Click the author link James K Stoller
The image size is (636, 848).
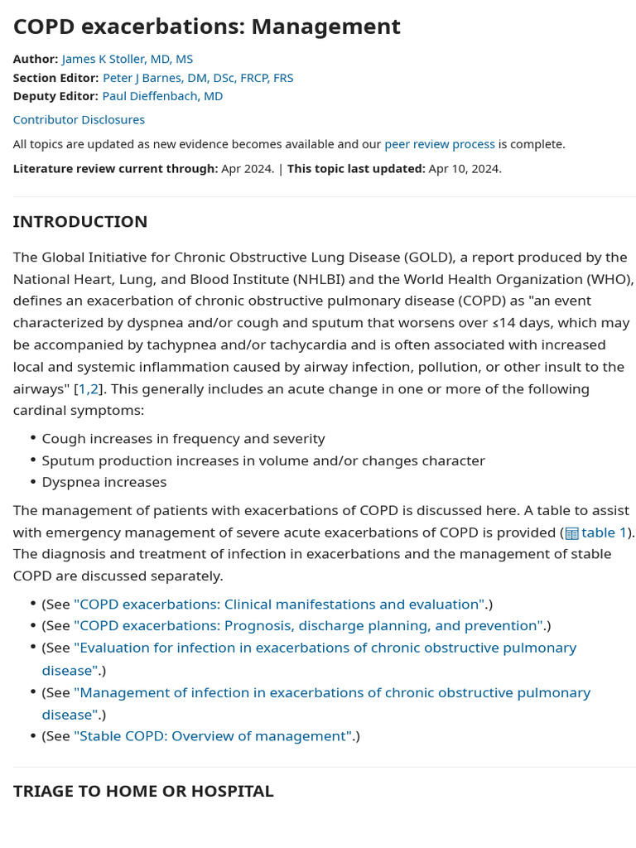127,59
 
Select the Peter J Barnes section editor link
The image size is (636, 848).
197,78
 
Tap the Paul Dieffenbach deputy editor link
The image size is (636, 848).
162,96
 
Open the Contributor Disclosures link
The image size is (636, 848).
79,120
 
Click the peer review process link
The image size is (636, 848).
439,144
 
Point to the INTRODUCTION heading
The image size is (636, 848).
80,221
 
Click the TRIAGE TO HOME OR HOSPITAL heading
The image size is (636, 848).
143,791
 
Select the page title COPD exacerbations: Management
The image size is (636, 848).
206,26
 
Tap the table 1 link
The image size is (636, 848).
604,532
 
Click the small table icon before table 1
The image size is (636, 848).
571,533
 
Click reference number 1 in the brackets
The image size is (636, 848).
82,389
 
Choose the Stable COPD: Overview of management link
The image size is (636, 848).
213,736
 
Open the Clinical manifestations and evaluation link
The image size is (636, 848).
279,605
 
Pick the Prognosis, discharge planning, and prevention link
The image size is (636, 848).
308,626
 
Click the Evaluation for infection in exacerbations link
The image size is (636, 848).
325,648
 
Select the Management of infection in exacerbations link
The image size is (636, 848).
331,692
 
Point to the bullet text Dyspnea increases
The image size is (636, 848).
104,482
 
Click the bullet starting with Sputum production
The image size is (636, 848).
263,460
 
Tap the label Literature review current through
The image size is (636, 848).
115,169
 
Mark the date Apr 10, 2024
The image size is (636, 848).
465,169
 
